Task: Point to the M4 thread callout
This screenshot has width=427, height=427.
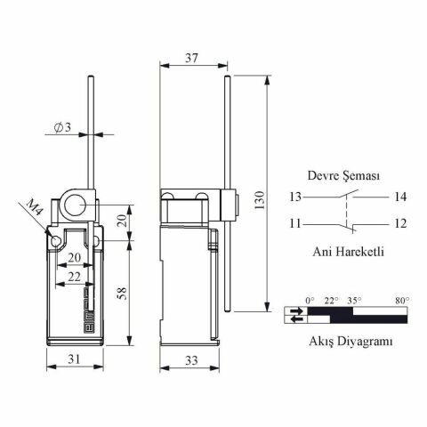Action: [34, 210]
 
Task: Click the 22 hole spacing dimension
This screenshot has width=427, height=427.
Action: [75, 278]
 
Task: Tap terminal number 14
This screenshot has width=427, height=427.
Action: [401, 197]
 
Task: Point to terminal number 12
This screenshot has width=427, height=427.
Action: [401, 222]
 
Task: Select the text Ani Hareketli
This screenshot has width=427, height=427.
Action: [347, 251]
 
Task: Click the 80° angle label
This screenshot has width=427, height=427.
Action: [401, 301]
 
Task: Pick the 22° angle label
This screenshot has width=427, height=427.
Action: [331, 301]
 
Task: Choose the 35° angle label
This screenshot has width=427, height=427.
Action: [354, 301]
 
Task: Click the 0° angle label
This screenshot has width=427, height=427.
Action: [310, 301]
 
